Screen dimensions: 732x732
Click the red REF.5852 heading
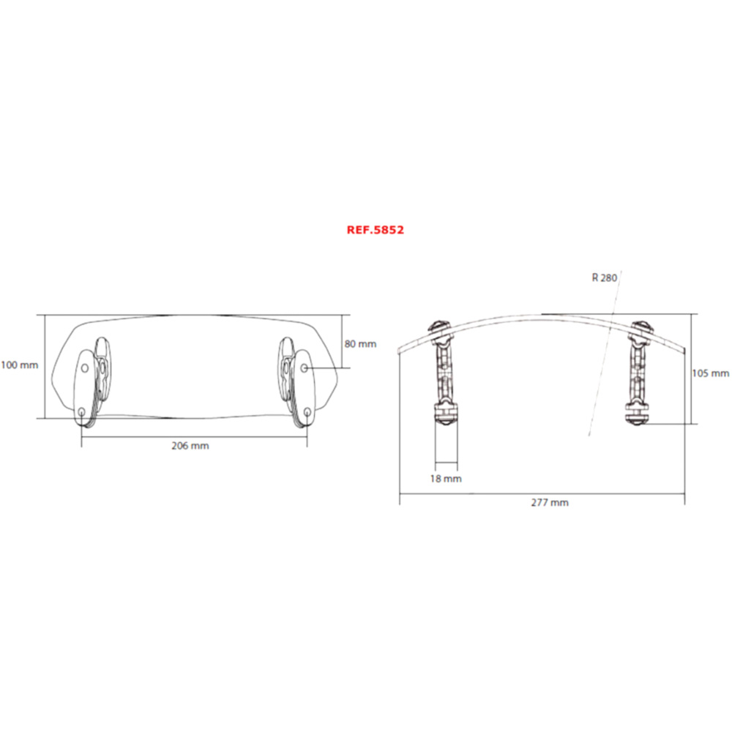pyautogui.click(x=376, y=230)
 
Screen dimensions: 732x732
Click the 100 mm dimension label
pyautogui.click(x=20, y=365)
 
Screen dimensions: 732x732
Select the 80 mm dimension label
pyautogui.click(x=360, y=344)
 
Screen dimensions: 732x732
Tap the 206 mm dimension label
pyautogui.click(x=190, y=446)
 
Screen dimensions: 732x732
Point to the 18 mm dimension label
pyautogui.click(x=446, y=479)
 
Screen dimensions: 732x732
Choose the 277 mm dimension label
pyautogui.click(x=550, y=503)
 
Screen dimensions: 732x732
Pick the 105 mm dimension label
pyautogui.click(x=711, y=373)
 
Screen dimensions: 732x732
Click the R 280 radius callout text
pyautogui.click(x=605, y=277)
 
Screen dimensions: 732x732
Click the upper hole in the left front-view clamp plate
pyautogui.click(x=85, y=368)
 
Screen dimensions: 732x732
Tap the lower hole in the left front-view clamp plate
pyautogui.click(x=82, y=411)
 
